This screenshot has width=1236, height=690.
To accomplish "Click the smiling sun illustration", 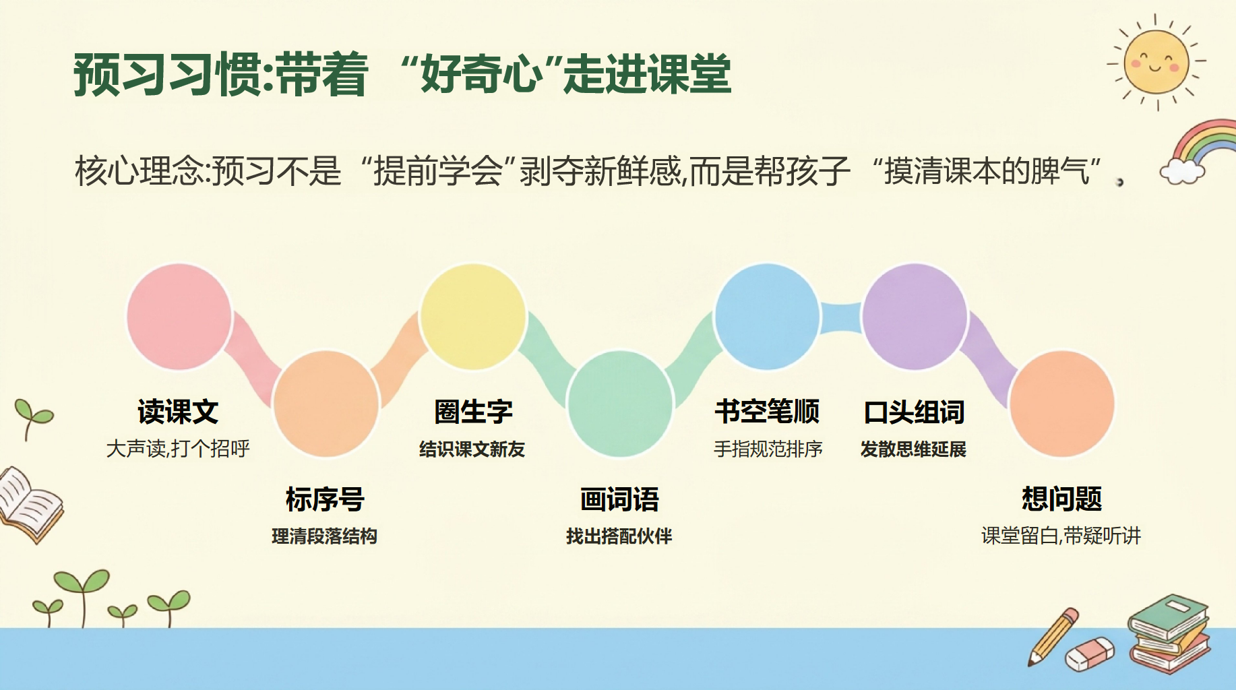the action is click(1156, 62).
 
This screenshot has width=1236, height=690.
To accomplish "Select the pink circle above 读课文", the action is click(179, 317).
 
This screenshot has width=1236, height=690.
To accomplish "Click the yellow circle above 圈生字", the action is click(472, 317).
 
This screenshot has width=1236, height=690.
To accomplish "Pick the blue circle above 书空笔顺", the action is click(767, 317).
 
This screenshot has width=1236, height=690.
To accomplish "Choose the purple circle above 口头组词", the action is click(915, 317).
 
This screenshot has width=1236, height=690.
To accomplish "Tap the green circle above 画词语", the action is click(620, 404).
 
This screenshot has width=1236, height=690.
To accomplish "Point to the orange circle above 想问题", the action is click(1061, 404).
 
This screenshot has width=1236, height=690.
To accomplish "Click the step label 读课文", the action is click(178, 412).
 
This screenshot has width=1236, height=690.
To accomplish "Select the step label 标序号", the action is click(325, 499).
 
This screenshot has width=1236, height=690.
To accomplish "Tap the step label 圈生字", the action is click(473, 412).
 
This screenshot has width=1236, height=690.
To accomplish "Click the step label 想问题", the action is click(1061, 499).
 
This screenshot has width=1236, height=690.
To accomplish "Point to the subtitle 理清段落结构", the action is click(324, 536).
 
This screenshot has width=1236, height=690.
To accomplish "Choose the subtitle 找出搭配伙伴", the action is click(619, 536).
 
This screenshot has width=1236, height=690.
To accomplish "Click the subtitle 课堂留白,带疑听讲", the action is click(1061, 536).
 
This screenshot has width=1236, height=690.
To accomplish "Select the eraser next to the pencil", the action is click(1090, 654).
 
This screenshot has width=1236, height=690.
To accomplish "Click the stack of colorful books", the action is click(1169, 633).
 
